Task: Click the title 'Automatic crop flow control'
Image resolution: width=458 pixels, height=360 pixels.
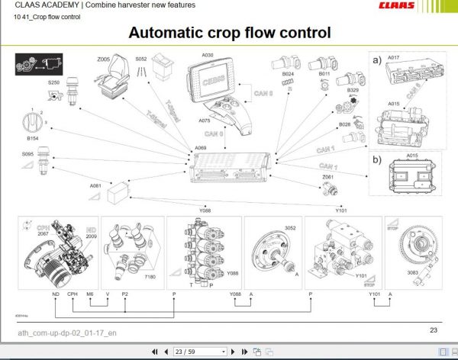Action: coord(229,33)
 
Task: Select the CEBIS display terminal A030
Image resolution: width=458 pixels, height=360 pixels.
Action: coord(211,82)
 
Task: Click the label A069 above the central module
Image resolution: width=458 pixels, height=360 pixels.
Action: coord(200,147)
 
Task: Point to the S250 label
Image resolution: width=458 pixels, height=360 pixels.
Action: coord(54,82)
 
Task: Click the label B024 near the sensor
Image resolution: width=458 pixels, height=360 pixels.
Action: coord(288,74)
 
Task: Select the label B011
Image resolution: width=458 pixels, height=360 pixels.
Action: coord(324,74)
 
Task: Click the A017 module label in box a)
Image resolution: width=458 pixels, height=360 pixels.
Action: coord(393,58)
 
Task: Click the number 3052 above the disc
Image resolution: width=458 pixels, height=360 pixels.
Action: coord(290,228)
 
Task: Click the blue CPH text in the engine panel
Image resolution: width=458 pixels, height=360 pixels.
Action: coord(43,227)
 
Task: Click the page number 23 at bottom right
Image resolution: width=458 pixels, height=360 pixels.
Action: coord(433,330)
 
